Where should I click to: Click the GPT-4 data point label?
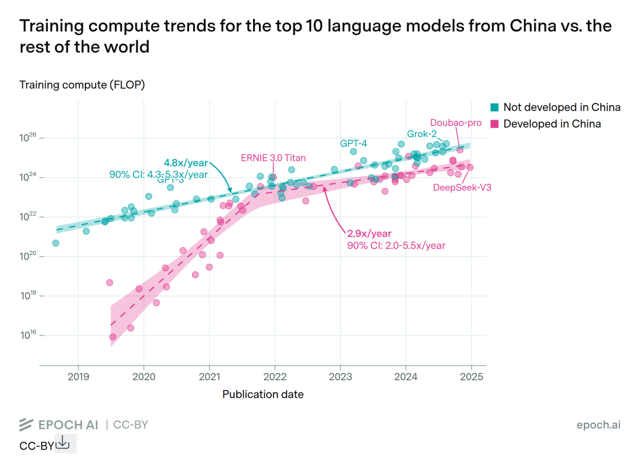(353, 143)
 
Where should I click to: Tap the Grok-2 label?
(421, 133)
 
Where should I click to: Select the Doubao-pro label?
(456, 123)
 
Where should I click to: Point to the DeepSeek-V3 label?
(462, 187)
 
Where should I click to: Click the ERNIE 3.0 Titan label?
(273, 158)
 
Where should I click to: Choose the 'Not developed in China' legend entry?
(561, 107)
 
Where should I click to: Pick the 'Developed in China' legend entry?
(552, 124)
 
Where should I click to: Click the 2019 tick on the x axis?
(78, 376)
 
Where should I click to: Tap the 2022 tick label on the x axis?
(274, 376)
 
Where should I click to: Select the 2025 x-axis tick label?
(471, 376)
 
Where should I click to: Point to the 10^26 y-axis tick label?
(28, 138)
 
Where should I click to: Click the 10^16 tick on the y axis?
(28, 335)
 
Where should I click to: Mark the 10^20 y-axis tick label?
(28, 256)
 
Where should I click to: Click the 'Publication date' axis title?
(263, 394)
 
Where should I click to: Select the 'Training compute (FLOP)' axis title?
(82, 85)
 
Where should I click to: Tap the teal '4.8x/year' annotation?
(185, 162)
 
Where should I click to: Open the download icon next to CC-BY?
(63, 443)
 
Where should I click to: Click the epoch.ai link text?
(598, 425)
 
